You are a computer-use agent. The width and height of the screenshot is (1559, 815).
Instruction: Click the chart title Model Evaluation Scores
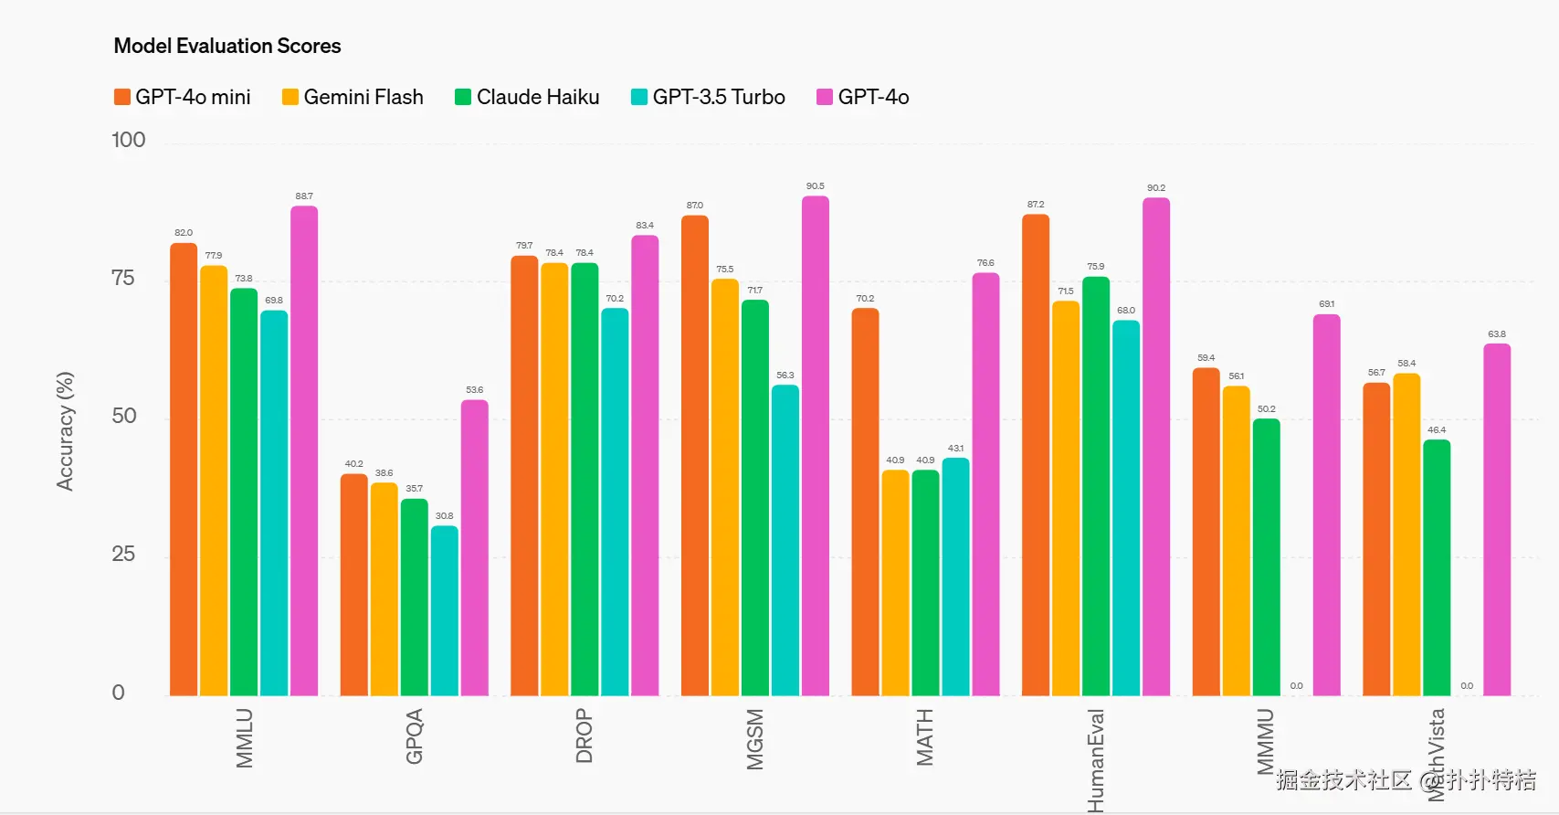point(227,46)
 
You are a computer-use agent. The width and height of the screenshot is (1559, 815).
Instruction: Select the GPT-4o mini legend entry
point(183,97)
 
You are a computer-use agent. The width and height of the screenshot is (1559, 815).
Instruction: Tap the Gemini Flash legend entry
point(353,97)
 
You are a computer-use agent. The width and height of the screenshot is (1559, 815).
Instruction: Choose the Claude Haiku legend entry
point(528,97)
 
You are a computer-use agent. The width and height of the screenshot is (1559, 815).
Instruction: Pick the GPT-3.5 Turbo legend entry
point(709,97)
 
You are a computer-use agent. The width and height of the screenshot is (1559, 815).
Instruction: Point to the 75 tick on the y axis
point(122,279)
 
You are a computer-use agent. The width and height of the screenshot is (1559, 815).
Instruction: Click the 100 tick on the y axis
point(128,141)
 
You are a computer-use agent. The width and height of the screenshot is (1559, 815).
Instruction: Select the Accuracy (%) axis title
point(65,431)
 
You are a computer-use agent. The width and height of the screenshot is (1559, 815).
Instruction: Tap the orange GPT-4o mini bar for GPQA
point(353,585)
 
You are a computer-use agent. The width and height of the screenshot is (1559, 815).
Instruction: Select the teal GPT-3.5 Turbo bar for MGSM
point(785,540)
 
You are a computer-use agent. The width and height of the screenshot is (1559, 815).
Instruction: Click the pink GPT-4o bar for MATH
point(985,484)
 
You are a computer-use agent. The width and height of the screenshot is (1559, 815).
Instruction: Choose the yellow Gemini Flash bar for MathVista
point(1406,535)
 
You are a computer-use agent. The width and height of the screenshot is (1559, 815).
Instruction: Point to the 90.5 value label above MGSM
point(815,186)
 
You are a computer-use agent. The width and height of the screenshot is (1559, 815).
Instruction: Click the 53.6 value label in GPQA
point(474,390)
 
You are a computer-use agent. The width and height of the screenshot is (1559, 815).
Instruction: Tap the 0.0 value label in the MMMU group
point(1296,686)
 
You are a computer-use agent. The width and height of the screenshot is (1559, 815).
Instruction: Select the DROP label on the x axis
point(585,736)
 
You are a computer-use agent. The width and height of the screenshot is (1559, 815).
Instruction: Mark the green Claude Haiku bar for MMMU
point(1266,557)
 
